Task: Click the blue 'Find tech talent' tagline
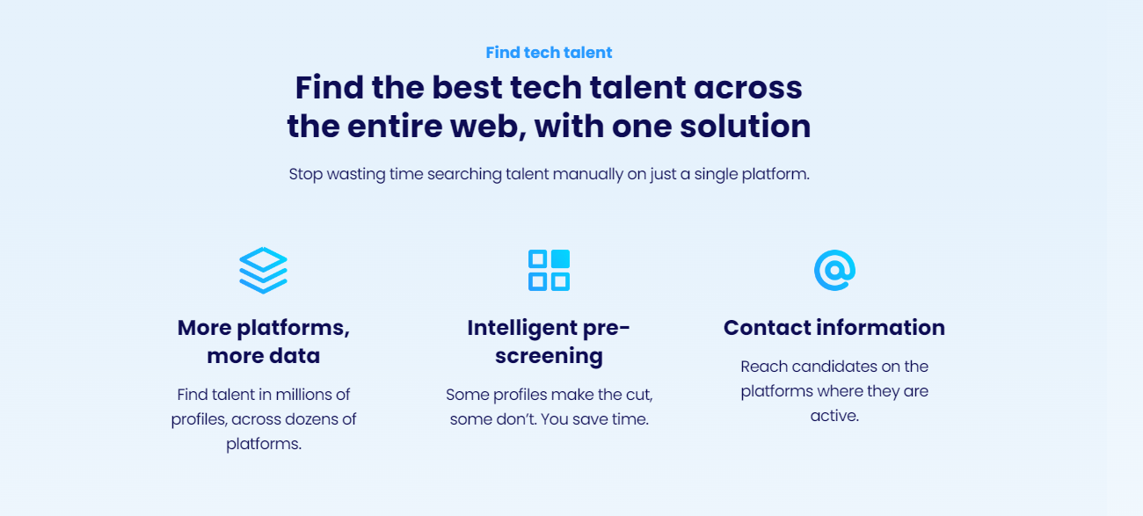point(549,53)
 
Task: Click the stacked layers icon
point(263,270)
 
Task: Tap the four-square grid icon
point(549,270)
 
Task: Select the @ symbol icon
point(834,270)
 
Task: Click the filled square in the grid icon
point(560,258)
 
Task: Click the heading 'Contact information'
point(834,327)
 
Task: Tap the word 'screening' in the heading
point(549,356)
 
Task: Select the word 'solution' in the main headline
point(745,126)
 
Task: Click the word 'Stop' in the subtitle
point(306,175)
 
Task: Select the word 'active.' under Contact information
point(834,416)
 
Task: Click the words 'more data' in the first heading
point(263,356)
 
